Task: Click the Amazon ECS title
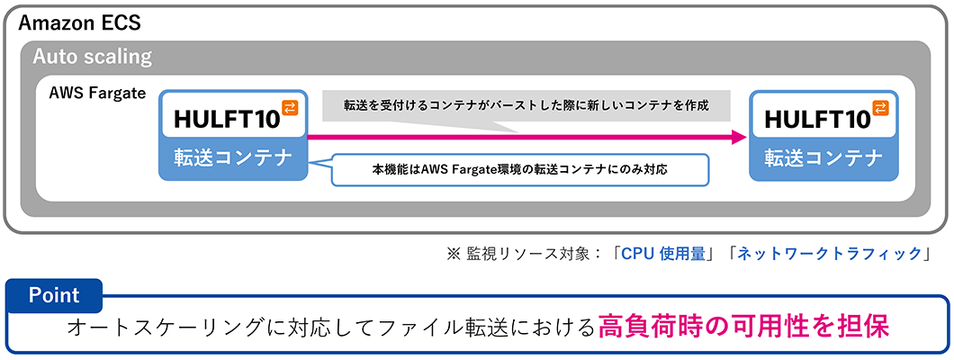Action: click(79, 22)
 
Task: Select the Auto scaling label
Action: click(92, 57)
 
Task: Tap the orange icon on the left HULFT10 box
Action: click(290, 108)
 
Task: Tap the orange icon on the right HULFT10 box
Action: click(883, 108)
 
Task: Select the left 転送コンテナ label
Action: click(232, 158)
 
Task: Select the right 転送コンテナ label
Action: click(823, 158)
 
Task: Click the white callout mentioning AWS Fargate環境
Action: click(519, 169)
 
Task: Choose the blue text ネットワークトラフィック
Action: click(831, 254)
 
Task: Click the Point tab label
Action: click(54, 295)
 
